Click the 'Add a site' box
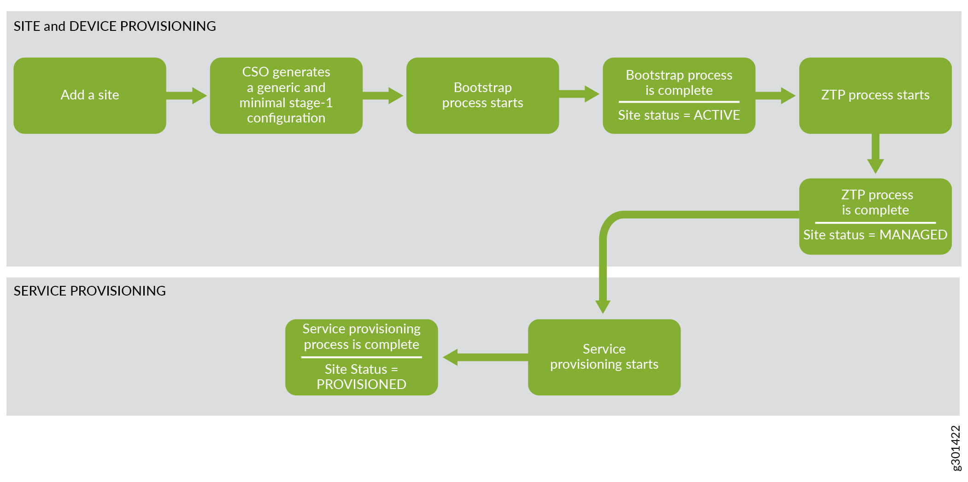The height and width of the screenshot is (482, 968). click(x=90, y=95)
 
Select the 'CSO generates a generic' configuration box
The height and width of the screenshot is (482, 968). click(x=286, y=95)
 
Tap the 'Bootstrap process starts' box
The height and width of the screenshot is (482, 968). click(x=482, y=95)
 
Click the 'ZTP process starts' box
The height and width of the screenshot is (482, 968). click(x=875, y=95)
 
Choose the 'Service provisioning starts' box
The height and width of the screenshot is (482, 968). click(x=604, y=357)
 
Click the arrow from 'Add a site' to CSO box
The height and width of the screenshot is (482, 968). click(x=187, y=95)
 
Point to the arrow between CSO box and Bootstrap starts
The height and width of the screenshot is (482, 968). click(x=383, y=95)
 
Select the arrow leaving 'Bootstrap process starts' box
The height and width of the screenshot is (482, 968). click(x=579, y=94)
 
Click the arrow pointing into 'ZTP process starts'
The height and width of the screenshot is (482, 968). click(x=775, y=95)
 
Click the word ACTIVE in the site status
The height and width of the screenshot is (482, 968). click(x=716, y=115)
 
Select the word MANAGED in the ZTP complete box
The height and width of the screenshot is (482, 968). click(x=913, y=235)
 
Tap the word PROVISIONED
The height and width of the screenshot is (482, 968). click(x=361, y=384)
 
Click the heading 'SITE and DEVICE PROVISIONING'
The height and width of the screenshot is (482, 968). click(x=115, y=26)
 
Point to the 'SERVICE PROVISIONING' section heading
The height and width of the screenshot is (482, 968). click(x=90, y=291)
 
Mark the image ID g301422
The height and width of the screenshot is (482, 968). click(x=956, y=448)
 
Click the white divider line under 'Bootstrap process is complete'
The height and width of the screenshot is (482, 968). click(x=679, y=102)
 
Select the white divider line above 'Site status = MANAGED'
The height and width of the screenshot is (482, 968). click(x=875, y=222)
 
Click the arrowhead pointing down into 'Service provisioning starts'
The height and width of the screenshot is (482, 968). click(x=603, y=307)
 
